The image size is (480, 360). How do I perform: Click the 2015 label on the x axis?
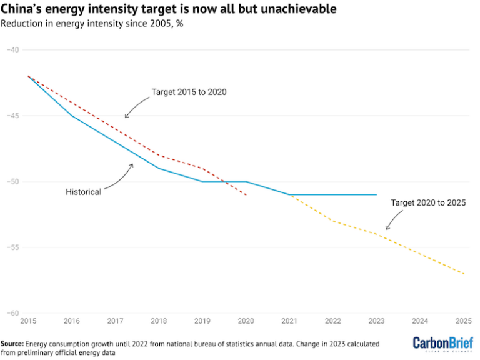click(27, 321)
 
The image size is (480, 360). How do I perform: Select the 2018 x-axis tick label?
click(159, 321)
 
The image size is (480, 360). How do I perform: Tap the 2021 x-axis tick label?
click(289, 321)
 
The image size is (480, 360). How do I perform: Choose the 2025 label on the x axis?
click(463, 321)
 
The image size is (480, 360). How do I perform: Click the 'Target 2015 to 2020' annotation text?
click(189, 92)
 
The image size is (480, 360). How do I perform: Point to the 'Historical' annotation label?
click(83, 192)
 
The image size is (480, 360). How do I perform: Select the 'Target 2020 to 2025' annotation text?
click(428, 202)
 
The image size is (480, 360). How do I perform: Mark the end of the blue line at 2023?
click(377, 194)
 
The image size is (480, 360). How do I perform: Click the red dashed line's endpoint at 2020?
click(246, 195)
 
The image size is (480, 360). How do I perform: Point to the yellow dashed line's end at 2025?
click(464, 274)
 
